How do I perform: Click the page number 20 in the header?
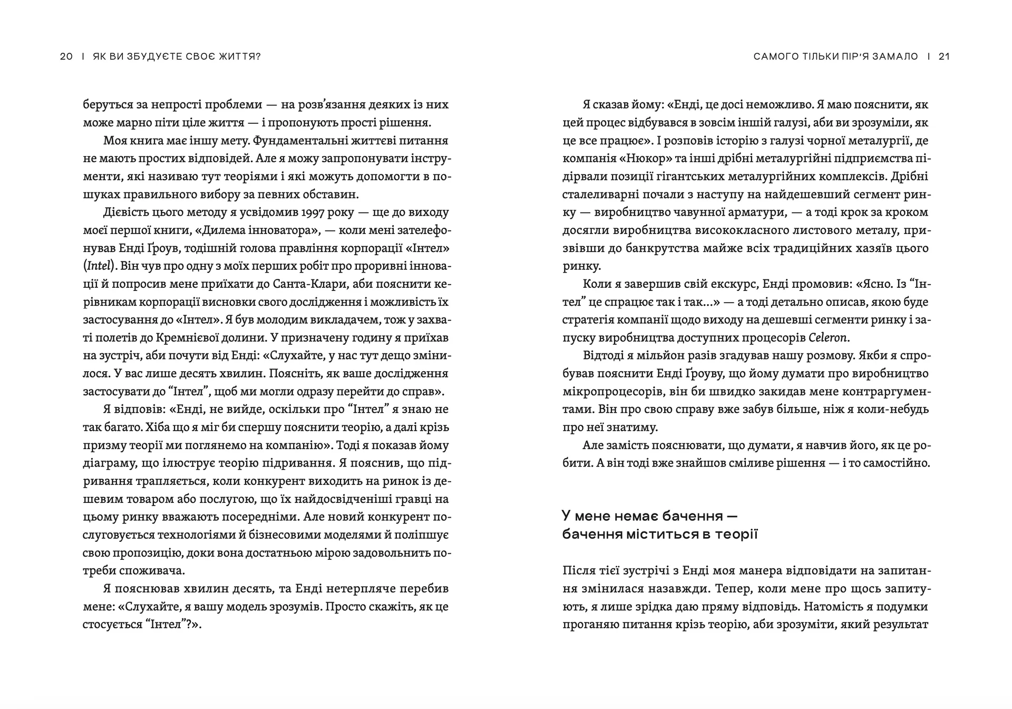(66, 56)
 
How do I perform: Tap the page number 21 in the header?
(944, 56)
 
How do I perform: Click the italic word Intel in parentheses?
(99, 266)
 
